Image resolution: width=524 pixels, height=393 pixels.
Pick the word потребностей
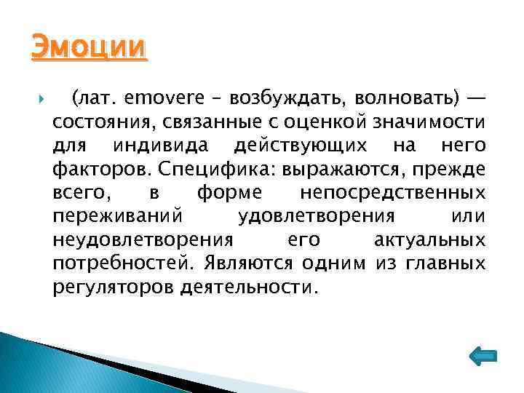coord(124,263)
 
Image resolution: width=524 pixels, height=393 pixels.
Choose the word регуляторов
coord(108,287)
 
